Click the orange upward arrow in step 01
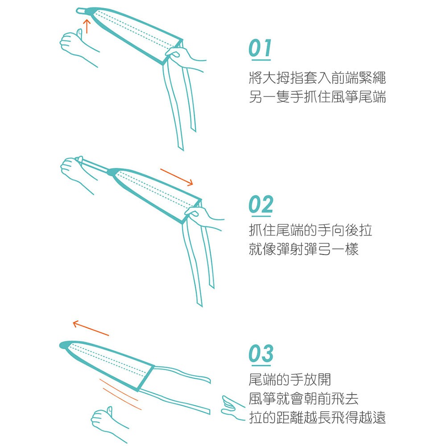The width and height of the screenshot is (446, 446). (87, 26)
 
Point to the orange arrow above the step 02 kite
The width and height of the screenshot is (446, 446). (177, 177)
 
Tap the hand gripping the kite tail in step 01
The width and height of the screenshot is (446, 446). (185, 58)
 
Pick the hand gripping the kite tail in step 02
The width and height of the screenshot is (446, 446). (204, 218)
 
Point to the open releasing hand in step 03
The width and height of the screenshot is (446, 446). (233, 407)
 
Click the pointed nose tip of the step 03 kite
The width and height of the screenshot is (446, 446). (61, 345)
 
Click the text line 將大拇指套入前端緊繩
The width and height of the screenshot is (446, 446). (317, 78)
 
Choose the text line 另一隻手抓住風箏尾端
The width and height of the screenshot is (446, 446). (317, 96)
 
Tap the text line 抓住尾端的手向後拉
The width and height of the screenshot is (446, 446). (310, 230)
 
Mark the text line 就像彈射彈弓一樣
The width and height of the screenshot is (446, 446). (303, 249)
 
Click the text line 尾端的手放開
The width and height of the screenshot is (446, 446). (289, 379)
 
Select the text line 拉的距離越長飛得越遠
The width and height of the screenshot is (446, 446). (317, 417)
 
